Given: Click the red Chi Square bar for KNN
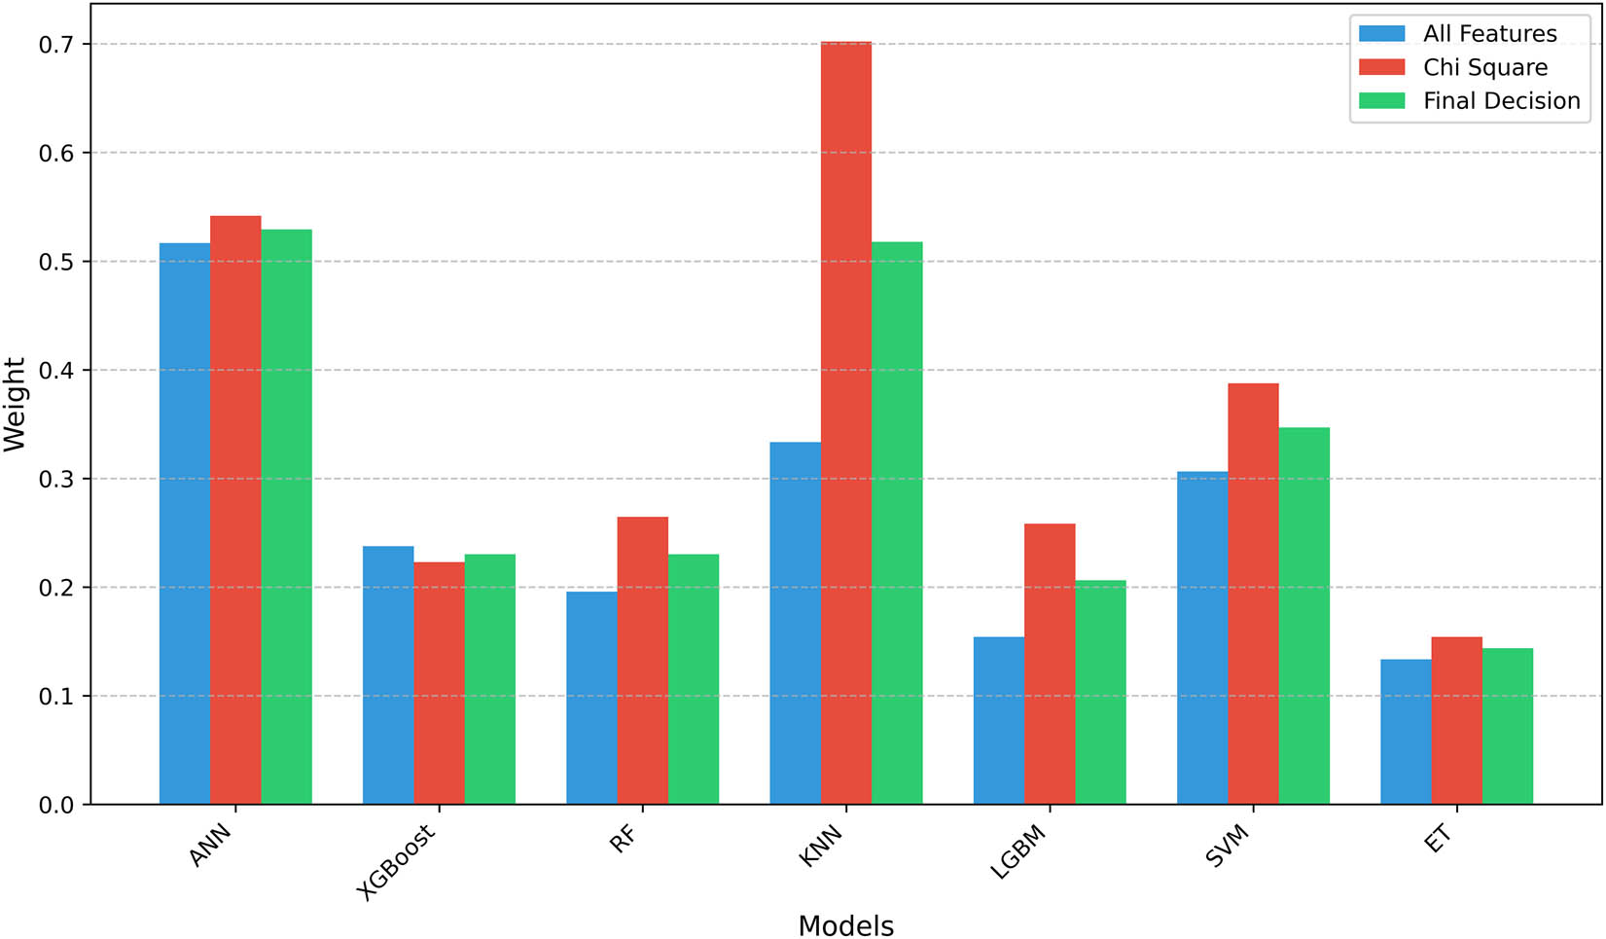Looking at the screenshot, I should [x=845, y=423].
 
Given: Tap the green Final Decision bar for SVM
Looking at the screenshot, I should [x=1303, y=616].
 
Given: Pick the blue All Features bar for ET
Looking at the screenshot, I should [x=1406, y=732].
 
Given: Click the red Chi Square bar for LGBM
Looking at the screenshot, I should [x=1050, y=664].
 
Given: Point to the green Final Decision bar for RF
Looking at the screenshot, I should [x=694, y=679].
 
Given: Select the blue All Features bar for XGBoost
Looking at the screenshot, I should [x=388, y=675].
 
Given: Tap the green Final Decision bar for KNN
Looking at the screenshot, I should [x=897, y=523].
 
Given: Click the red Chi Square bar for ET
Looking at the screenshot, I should [x=1456, y=720].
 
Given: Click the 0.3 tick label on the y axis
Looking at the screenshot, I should [x=54, y=479].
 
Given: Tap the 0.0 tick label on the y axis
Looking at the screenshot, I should [x=54, y=805].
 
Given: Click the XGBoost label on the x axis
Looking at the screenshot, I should [x=397, y=862].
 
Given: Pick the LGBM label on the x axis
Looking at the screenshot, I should [x=1017, y=852].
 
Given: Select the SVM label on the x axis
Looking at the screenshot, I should [x=1227, y=844].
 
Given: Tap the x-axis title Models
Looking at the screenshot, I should [x=845, y=925].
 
